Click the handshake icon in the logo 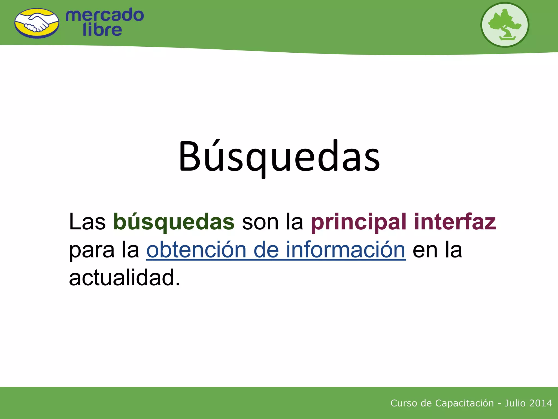(37, 23)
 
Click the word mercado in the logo (105, 15)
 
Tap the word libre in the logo (102, 30)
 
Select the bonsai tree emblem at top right (505, 25)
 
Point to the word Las (87, 222)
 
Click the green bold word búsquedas (174, 222)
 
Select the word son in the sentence (260, 222)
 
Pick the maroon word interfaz (455, 222)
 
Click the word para (92, 250)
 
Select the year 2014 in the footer (542, 403)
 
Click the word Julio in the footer (515, 403)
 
